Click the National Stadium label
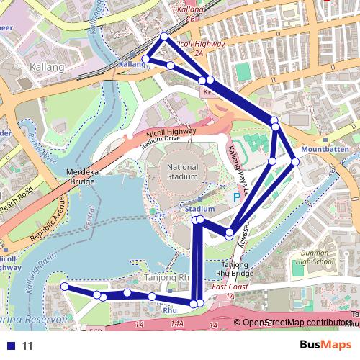pos(181,172)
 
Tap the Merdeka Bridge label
pos(81,177)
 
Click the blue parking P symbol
pos(237,196)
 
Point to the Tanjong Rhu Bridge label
pos(233,269)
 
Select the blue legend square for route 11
pos(11,346)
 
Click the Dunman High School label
pos(314,258)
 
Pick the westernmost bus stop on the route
pos(65,287)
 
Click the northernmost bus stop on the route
pos(164,36)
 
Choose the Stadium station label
pos(199,209)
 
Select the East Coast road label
pos(230,287)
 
